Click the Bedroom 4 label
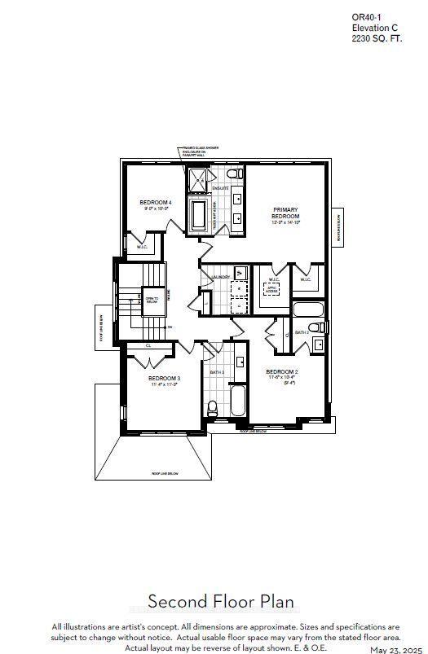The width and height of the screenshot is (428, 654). (x=155, y=202)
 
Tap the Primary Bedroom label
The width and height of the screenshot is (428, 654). (x=286, y=213)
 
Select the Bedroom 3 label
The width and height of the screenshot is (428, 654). (x=164, y=379)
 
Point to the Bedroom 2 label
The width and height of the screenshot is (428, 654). (x=283, y=372)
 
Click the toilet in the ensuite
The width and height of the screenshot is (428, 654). (x=233, y=174)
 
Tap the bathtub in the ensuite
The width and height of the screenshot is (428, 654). (x=199, y=216)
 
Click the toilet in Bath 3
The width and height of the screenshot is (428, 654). (x=212, y=406)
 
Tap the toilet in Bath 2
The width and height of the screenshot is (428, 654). (x=320, y=327)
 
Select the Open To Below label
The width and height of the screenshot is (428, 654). (x=152, y=299)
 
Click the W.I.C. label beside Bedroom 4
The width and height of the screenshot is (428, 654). (x=141, y=248)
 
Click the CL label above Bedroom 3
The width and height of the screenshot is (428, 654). (x=148, y=345)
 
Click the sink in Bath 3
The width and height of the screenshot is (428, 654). (x=240, y=362)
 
